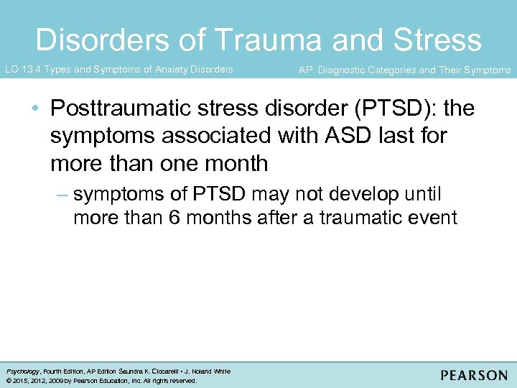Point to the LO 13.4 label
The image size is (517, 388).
pos(22,70)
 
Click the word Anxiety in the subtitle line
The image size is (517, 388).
pos(172,70)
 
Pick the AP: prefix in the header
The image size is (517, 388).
pos(306,70)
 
